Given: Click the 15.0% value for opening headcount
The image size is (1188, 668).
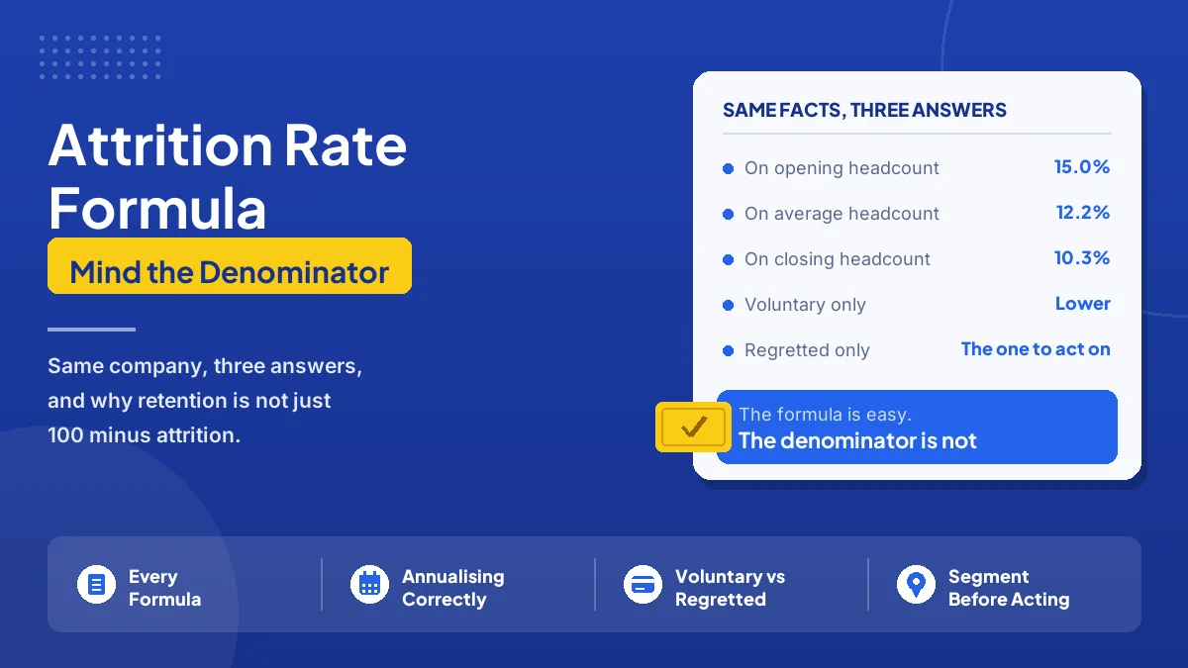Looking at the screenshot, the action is (1081, 167).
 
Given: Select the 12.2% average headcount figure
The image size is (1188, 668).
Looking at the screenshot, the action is (1082, 213).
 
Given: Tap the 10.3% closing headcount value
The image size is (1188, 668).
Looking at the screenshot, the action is (1081, 258).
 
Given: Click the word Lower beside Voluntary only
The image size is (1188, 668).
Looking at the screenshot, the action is (1082, 303).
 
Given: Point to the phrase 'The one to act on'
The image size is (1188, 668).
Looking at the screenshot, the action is (1036, 348).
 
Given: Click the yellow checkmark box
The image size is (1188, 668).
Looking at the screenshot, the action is (693, 427).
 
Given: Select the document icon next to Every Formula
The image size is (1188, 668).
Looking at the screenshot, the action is (96, 585).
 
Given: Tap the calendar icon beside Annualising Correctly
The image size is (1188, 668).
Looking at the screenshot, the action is (369, 585).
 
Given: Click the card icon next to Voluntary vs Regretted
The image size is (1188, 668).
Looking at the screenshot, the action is (643, 585).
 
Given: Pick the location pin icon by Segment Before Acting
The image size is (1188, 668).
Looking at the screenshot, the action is (916, 585).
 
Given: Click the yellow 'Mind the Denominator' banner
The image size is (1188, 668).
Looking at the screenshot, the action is (230, 265).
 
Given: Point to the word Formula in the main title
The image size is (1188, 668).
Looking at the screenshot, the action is (157, 208).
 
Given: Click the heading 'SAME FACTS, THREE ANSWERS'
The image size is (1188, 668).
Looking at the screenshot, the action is (864, 110).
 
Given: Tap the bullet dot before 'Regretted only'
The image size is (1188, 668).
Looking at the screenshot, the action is (729, 350).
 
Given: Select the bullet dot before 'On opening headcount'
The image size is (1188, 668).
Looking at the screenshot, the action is (729, 168).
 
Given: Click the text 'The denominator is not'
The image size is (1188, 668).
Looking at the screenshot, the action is (857, 440).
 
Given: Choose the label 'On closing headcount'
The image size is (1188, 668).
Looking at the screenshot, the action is (837, 259).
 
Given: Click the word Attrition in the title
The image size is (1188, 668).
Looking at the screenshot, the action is (160, 145).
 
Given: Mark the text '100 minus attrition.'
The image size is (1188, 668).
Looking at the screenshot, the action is (144, 435).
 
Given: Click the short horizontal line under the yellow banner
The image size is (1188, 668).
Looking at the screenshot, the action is (91, 330).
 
